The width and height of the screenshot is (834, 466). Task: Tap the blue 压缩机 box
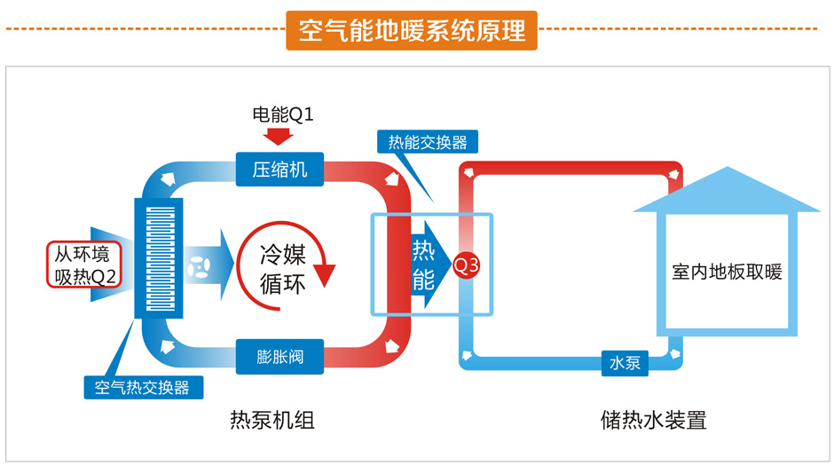pyautogui.click(x=279, y=170)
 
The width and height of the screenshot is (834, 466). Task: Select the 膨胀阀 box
pyautogui.click(x=279, y=357)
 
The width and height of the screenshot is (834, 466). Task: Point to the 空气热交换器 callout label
pyautogui.click(x=142, y=387)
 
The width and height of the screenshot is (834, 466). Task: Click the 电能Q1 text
pyautogui.click(x=283, y=115)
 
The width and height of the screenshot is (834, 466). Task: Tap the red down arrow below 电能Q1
pyautogui.click(x=279, y=136)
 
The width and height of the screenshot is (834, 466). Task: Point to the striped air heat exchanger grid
pyautogui.click(x=160, y=257)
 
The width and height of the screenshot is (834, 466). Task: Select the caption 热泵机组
pyautogui.click(x=272, y=420)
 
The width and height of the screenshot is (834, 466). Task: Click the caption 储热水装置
pyautogui.click(x=652, y=420)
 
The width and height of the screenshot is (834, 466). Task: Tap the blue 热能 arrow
pyautogui.click(x=428, y=265)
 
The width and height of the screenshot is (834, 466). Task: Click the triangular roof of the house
pyautogui.click(x=726, y=188)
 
